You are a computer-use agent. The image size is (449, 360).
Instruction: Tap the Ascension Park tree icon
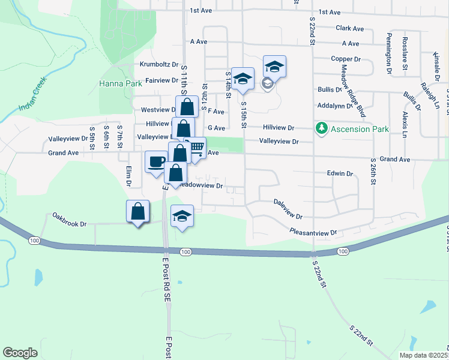[322, 128]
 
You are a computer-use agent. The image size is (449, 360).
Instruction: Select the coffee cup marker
[156, 161]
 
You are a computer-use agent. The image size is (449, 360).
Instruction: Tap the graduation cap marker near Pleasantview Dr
[182, 217]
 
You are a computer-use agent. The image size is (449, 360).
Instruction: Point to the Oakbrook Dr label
[70, 220]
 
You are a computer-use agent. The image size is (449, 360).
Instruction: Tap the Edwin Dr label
[340, 173]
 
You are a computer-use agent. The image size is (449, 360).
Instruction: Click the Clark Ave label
[350, 28]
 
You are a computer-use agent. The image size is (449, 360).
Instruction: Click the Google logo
[20, 353]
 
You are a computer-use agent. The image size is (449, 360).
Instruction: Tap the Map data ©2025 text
[423, 355]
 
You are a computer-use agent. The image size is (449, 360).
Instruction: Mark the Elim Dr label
[128, 176]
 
